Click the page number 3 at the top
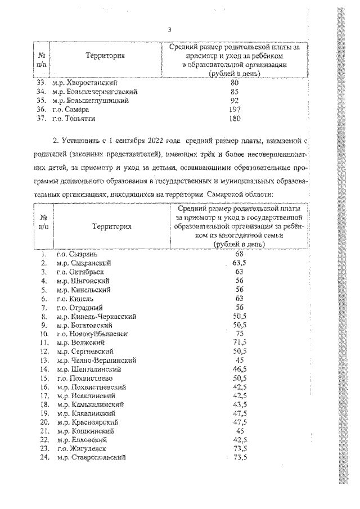coord(169,30)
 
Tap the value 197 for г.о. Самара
coord(235,110)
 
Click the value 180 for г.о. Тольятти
coord(235,119)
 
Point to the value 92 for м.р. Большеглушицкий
coord(235,101)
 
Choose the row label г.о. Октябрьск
coord(80,271)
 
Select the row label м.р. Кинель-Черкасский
coord(96,316)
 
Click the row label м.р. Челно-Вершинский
coord(94,360)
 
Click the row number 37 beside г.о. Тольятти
coord(40,119)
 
